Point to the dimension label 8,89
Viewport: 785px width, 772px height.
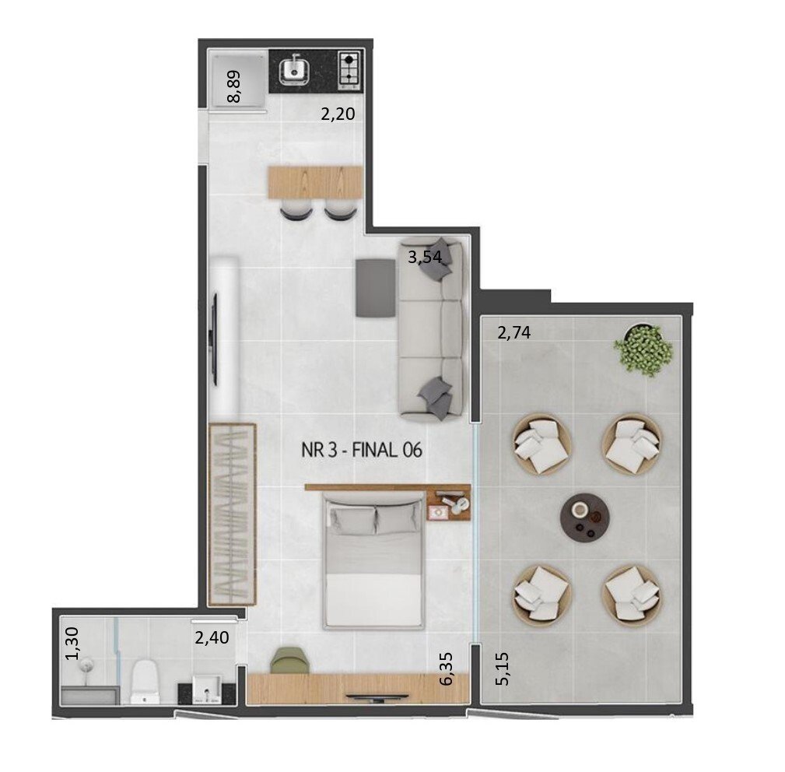[x=233, y=86]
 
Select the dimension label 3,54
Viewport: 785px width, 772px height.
[x=426, y=258]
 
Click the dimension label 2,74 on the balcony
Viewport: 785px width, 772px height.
[x=513, y=334]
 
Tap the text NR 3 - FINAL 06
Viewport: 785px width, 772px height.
[x=361, y=450]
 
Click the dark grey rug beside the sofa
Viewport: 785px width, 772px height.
[x=376, y=287]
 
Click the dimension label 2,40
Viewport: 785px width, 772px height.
[x=211, y=639]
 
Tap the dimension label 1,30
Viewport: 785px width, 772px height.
[x=72, y=644]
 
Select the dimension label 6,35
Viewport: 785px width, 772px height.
[x=446, y=668]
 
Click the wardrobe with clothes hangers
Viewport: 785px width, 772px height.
[x=232, y=514]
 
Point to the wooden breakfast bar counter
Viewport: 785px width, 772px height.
[x=315, y=182]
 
